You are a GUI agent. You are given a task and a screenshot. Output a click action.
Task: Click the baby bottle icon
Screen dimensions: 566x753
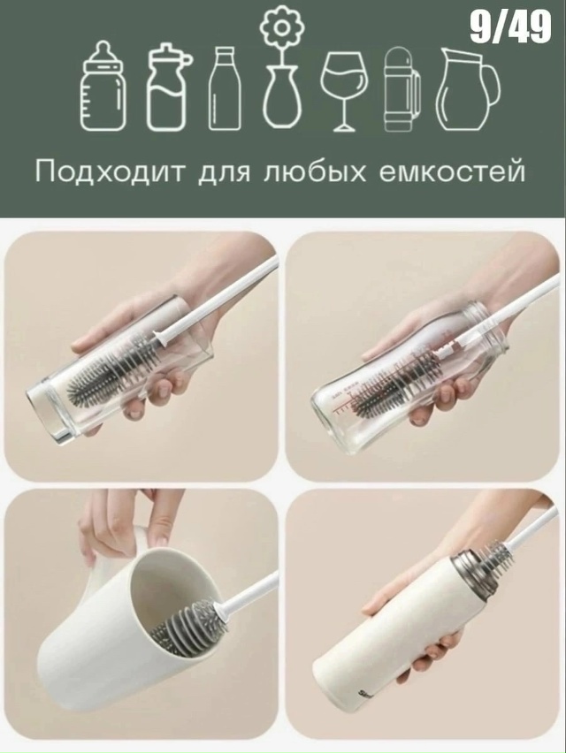103,87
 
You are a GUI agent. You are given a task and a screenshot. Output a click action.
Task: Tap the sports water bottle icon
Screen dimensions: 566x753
167,87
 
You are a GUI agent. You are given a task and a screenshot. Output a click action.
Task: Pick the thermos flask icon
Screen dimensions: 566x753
402,89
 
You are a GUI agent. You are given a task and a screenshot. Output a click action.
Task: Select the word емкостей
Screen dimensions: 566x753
452,172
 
